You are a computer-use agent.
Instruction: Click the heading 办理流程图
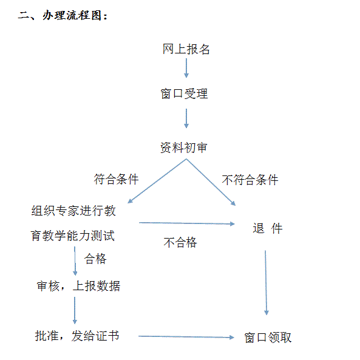point(72,15)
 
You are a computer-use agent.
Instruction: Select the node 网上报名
point(186,49)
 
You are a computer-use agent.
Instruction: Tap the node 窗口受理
point(184,93)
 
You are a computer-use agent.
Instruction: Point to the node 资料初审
point(184,148)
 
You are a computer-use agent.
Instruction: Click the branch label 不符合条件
point(250,180)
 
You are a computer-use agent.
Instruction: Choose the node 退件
point(268,228)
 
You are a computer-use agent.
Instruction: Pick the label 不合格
point(180,242)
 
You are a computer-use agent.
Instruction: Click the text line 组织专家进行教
point(73,211)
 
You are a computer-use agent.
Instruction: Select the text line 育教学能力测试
point(73,236)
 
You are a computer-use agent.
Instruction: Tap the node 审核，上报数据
point(78,286)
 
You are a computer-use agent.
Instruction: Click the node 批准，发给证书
point(77,336)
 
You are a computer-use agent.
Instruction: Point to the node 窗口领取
point(268,338)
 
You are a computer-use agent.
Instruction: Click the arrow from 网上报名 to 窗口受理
point(186,68)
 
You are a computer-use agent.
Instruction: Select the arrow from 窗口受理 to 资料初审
point(186,118)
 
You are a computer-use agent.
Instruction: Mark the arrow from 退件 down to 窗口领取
point(266,283)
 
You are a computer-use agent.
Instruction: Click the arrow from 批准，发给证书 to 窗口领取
point(186,337)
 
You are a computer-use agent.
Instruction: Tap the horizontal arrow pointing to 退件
point(187,223)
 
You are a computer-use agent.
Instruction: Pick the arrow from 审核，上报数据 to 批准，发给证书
point(75,310)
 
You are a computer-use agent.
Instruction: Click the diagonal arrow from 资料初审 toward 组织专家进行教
point(157,181)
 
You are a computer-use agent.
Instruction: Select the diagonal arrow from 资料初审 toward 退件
point(211,182)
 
